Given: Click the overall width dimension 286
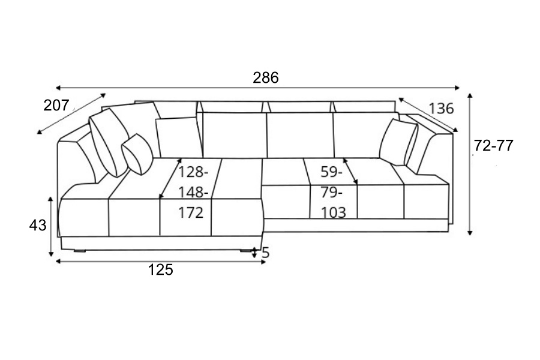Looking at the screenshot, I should click(265, 77).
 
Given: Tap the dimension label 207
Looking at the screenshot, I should click(56, 106).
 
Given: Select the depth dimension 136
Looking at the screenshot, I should click(441, 109).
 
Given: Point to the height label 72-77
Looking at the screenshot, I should click(493, 146).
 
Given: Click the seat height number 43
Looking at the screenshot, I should click(38, 226).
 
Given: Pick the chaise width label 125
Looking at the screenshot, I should click(160, 270).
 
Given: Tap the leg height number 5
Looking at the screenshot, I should click(265, 253).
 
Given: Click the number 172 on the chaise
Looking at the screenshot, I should click(191, 212).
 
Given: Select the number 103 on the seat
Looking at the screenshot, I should click(334, 212).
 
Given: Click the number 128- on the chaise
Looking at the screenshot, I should click(193, 172).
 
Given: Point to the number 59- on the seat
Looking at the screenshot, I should click(331, 172).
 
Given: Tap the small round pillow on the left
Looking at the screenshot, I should click(138, 154).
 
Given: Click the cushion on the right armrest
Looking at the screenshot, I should click(397, 142).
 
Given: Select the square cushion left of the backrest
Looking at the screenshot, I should click(178, 137).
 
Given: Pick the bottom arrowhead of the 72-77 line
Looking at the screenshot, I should click(471, 233).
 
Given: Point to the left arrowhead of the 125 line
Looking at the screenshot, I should click(57, 262).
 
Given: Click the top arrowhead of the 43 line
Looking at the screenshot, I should click(50, 197).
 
